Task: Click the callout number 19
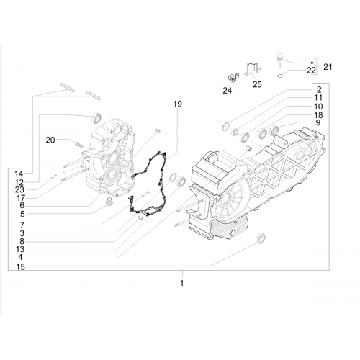click(178, 104)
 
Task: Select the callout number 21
click(328, 67)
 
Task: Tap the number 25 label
click(257, 84)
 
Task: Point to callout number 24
click(228, 91)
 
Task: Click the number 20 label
click(50, 140)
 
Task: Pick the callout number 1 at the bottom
click(181, 283)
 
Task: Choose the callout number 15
click(20, 266)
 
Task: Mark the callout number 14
click(19, 174)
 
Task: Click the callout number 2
click(319, 90)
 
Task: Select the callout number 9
click(318, 122)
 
